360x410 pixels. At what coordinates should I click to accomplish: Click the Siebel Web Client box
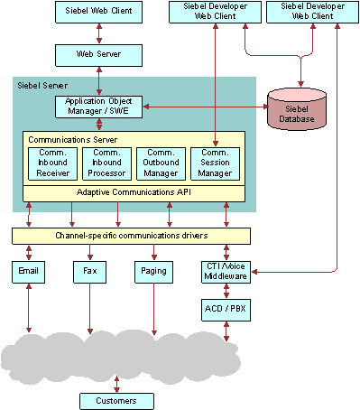pos(98,13)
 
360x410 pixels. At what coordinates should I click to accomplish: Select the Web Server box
pos(98,55)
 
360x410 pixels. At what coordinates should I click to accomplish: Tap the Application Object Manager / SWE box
pos(98,107)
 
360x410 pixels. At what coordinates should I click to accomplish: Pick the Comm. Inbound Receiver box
pos(51,163)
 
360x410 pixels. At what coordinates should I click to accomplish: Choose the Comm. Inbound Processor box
pos(106,163)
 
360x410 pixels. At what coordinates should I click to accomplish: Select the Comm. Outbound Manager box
pos(161,163)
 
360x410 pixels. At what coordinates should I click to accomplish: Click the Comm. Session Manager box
pos(215,163)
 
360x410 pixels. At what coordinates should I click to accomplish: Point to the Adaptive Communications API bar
pos(133,192)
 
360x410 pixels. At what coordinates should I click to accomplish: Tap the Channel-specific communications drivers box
pos(131,237)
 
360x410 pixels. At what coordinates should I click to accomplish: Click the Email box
pos(27,270)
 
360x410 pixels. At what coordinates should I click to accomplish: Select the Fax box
pos(90,270)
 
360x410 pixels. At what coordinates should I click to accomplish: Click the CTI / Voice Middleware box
pos(225,271)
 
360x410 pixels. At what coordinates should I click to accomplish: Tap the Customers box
pos(116,400)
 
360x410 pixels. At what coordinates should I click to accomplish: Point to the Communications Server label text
pos(71,140)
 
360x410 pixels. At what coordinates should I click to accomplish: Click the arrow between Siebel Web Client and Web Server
pos(98,33)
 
